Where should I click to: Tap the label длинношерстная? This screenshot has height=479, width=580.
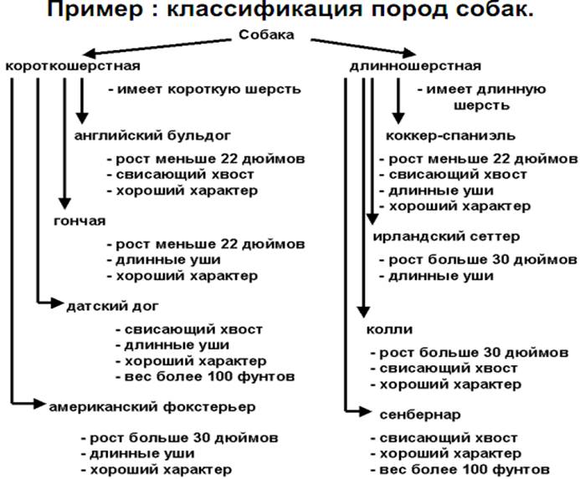pyautogui.click(x=413, y=66)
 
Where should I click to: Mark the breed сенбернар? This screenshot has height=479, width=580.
pyautogui.click(x=412, y=414)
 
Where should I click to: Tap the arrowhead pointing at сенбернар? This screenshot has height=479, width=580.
pyautogui.click(x=362, y=410)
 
